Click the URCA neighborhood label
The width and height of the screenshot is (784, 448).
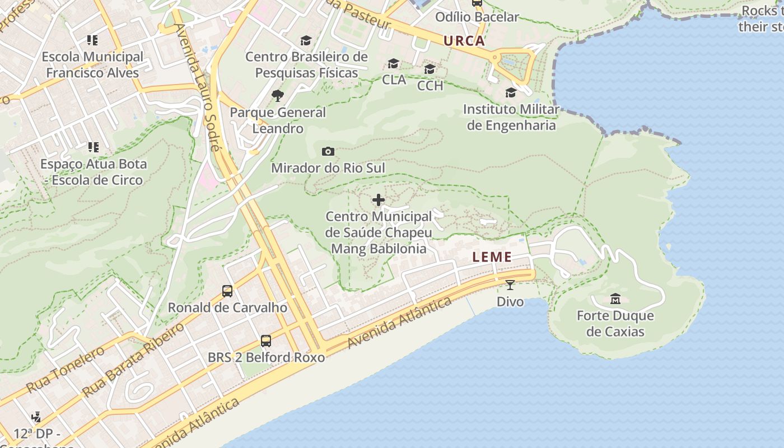pos(464,41)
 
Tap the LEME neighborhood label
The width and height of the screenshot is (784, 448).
pos(492,257)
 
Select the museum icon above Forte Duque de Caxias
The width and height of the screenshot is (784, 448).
pos(615,298)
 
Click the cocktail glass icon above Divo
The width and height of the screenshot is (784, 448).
pos(510,285)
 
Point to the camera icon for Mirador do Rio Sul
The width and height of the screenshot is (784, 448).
pos(328,151)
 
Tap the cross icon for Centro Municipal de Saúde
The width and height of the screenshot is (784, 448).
pos(379,200)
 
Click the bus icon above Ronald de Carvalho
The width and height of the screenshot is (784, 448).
pos(227,291)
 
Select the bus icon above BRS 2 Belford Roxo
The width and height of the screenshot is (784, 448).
pos(266,340)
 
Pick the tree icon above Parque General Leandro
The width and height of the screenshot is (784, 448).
pos(277,96)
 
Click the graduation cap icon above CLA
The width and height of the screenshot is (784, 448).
pos(394,63)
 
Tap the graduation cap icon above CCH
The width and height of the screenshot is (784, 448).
pos(430,69)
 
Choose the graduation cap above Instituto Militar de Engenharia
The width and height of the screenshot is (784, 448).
pos(511,92)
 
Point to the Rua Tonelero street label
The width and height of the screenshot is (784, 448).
pos(65,369)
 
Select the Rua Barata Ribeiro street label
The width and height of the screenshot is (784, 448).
pos(133,360)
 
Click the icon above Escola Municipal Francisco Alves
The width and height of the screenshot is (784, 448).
pos(92,40)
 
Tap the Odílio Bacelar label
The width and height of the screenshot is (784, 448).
pos(477,17)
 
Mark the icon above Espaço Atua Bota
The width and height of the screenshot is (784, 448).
pos(93,147)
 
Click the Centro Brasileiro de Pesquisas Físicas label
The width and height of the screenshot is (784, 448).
pos(306,65)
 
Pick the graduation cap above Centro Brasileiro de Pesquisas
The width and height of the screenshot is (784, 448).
pos(306,41)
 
